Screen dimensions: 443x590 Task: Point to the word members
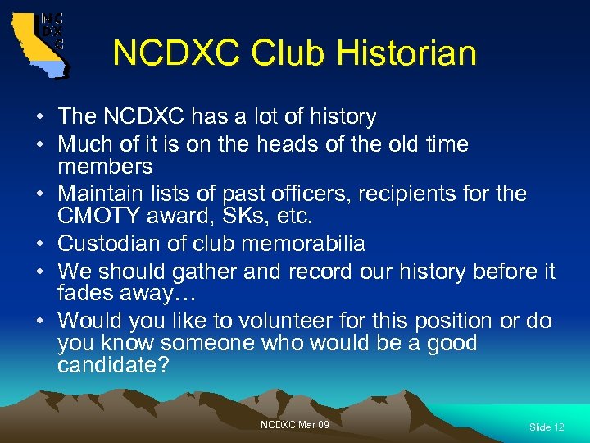105,167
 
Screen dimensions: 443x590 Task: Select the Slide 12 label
547,427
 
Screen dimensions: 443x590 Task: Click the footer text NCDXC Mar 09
295,424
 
